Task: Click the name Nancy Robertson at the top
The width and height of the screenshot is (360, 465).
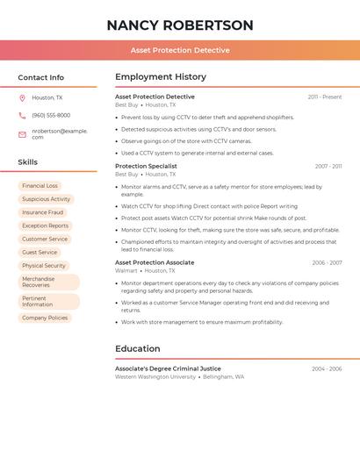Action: [180, 25]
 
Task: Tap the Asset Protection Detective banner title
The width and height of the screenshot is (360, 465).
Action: [180, 50]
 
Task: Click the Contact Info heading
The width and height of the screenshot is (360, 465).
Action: [41, 77]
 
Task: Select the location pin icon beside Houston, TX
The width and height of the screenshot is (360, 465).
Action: [22, 98]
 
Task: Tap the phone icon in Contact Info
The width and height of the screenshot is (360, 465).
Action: [22, 116]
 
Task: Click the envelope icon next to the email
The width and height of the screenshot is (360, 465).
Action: [22, 134]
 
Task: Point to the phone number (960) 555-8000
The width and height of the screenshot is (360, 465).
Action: [51, 116]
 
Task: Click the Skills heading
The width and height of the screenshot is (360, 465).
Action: [28, 162]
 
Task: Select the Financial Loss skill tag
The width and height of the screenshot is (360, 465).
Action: [40, 186]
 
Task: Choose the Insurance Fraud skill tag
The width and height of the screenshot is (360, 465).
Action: [43, 212]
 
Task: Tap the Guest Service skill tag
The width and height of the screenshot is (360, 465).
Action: [40, 252]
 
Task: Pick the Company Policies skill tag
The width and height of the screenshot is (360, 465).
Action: [45, 318]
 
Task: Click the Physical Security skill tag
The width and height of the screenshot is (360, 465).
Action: [44, 265]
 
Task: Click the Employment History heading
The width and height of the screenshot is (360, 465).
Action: [161, 77]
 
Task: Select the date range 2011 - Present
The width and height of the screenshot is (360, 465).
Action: [325, 97]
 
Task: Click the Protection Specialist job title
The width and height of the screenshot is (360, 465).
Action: [146, 166]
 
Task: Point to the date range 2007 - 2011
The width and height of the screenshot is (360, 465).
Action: [328, 167]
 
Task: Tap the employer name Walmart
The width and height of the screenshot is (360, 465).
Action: [126, 271]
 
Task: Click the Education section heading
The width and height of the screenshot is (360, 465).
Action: [138, 349]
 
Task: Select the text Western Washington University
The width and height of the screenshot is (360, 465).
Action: [155, 377]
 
